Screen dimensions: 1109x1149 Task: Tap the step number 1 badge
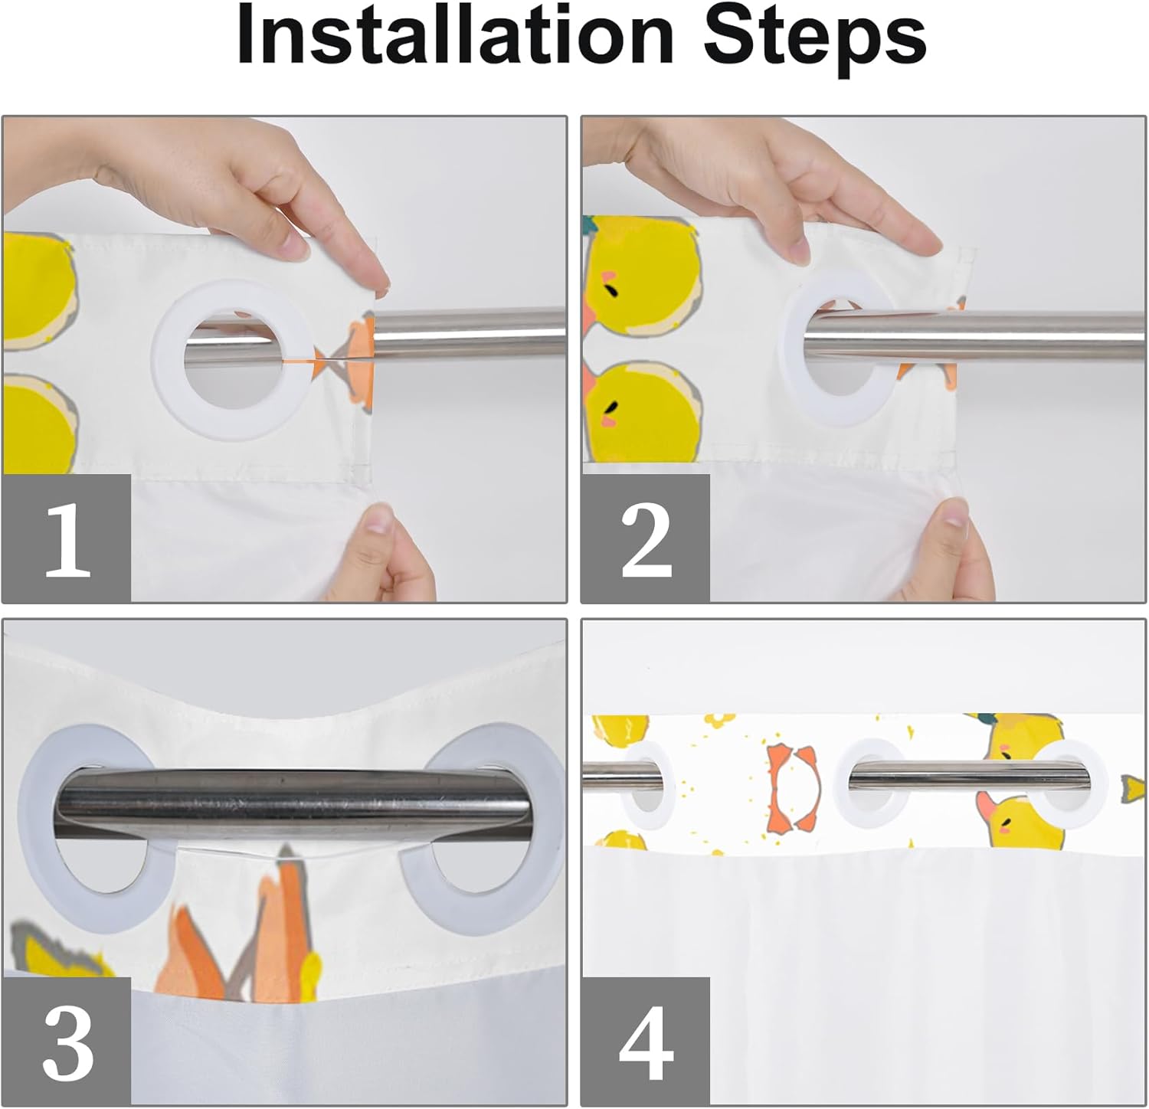click(x=67, y=538)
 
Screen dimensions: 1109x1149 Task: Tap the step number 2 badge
click(x=646, y=538)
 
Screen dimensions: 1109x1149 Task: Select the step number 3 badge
click(x=67, y=1042)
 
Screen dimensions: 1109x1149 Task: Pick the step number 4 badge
click(x=646, y=1042)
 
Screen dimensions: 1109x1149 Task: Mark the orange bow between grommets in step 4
click(x=793, y=789)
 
